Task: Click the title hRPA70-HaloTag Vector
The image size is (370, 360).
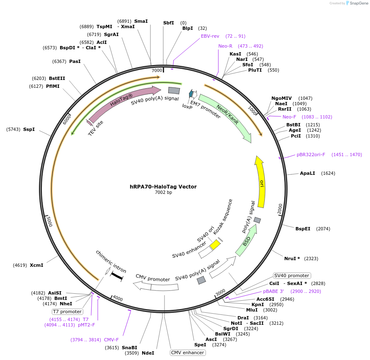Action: click(x=163, y=186)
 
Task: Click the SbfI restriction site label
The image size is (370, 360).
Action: click(x=169, y=23)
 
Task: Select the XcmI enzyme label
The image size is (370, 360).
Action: click(x=36, y=265)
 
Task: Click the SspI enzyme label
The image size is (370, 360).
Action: click(x=29, y=129)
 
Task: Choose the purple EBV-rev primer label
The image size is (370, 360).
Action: click(x=210, y=36)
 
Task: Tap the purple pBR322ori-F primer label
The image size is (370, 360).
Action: click(x=311, y=155)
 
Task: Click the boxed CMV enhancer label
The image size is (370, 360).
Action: click(x=188, y=353)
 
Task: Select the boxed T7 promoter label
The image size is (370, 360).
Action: click(x=67, y=312)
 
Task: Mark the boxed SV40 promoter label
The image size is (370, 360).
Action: click(x=292, y=275)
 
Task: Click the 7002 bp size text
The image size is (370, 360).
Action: click(x=163, y=192)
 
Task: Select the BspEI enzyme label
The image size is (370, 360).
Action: click(x=303, y=229)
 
